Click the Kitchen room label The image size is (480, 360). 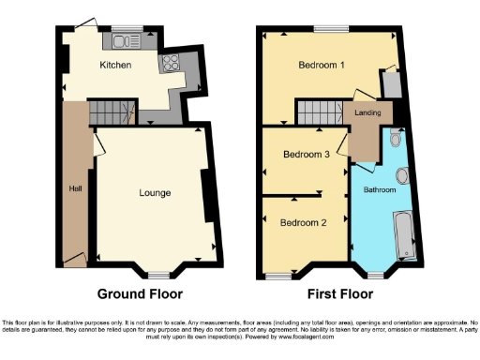click(116, 66)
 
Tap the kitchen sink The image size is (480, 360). click(125, 41)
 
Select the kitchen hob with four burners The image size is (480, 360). click(172, 64)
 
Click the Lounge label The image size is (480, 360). click(155, 194)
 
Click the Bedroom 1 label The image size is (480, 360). click(322, 66)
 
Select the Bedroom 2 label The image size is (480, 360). click(304, 223)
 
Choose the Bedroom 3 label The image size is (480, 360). click(306, 155)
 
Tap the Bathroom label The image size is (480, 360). click(380, 190)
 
